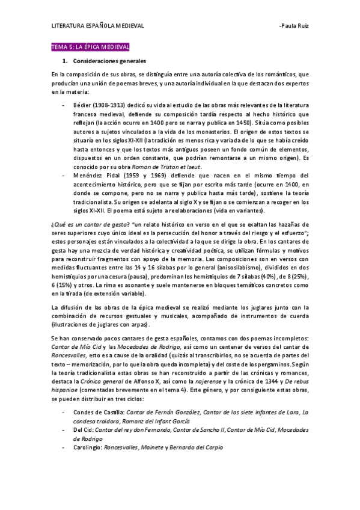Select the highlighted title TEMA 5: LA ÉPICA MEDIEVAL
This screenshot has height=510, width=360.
90,47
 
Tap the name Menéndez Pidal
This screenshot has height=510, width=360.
99,175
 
